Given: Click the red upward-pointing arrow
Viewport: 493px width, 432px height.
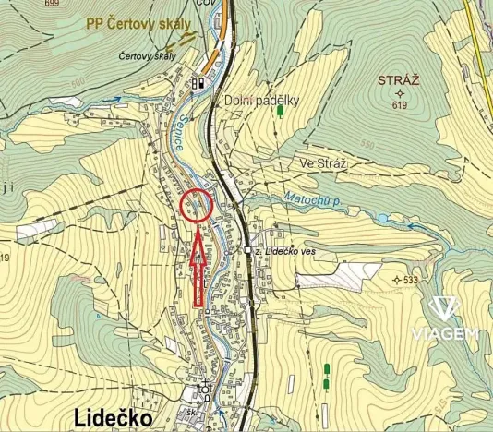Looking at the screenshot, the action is (197, 268).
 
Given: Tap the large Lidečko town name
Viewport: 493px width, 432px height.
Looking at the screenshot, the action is (113, 418).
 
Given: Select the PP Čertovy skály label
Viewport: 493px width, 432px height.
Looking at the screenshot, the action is (139, 24).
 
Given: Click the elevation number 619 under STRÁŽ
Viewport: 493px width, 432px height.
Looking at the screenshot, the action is (399, 105).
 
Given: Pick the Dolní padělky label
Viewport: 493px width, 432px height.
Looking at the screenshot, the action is (261, 101).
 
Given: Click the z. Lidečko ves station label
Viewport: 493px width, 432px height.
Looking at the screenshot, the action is (293, 250).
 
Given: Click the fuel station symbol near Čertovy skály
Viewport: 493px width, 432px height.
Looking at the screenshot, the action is (198, 82).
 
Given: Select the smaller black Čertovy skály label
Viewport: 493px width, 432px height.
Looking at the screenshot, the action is (147, 56).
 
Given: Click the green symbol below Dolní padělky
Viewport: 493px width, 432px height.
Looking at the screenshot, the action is (279, 113).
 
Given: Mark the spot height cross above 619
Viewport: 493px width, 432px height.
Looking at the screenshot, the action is (399, 93).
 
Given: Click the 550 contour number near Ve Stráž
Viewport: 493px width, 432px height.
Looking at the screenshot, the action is (367, 144).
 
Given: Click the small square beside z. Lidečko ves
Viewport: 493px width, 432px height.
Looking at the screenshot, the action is (248, 250).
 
